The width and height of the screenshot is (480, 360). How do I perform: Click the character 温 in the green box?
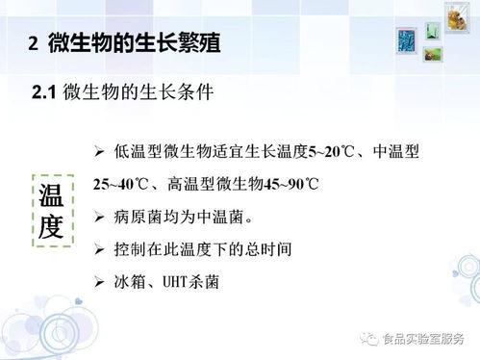[51, 194]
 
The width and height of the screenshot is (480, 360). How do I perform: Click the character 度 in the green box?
[51, 227]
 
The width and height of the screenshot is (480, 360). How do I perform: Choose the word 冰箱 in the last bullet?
[130, 283]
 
